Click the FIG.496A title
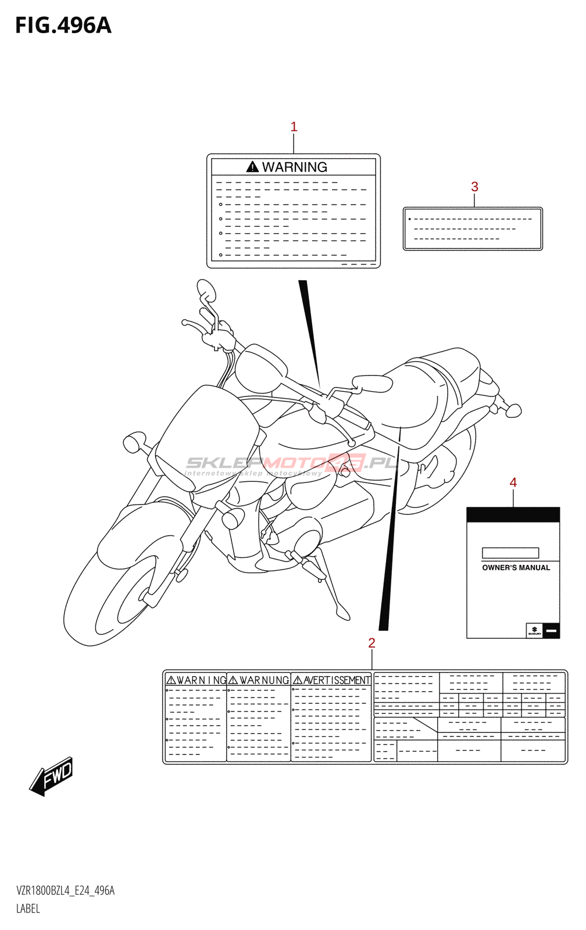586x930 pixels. pyautogui.click(x=63, y=26)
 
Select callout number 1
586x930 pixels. pyautogui.click(x=294, y=127)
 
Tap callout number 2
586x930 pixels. pyautogui.click(x=371, y=643)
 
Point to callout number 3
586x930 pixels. pyautogui.click(x=474, y=187)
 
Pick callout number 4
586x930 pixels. pyautogui.click(x=513, y=482)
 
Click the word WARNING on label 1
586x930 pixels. pyautogui.click(x=294, y=167)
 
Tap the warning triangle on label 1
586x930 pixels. pyautogui.click(x=252, y=167)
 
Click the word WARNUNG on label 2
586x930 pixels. pyautogui.click(x=264, y=680)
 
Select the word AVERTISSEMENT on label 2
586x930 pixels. pyautogui.click(x=337, y=680)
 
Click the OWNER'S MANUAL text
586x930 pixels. pyautogui.click(x=516, y=568)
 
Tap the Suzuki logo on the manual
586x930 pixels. pyautogui.click(x=534, y=631)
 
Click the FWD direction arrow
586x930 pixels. pyautogui.click(x=52, y=777)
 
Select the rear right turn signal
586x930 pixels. pyautogui.click(x=513, y=410)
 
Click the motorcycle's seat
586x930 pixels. pyautogui.click(x=424, y=395)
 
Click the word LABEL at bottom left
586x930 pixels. pyautogui.click(x=28, y=908)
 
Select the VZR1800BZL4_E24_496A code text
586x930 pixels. pyautogui.click(x=65, y=890)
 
